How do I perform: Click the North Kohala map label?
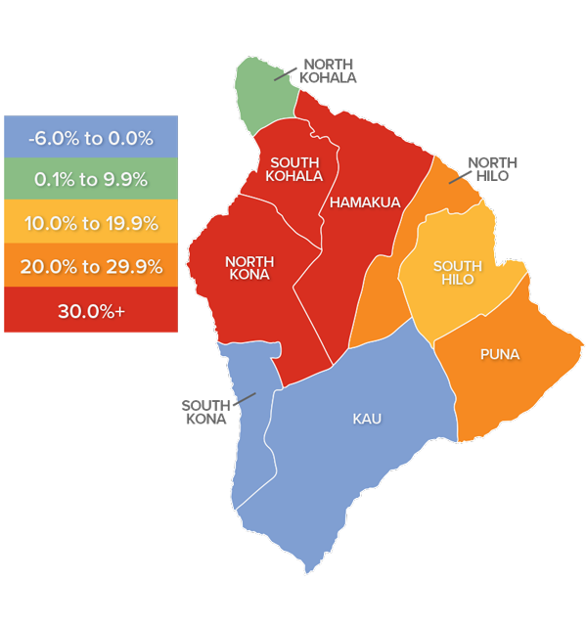pyautogui.click(x=329, y=70)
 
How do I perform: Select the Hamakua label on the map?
pyautogui.click(x=365, y=202)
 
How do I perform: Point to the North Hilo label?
pyautogui.click(x=492, y=169)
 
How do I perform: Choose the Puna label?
pyautogui.click(x=499, y=354)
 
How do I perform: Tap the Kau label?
pyautogui.click(x=367, y=419)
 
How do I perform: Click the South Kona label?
pyautogui.click(x=204, y=412)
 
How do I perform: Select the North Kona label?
pyautogui.click(x=248, y=268)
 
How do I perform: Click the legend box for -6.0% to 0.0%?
pyautogui.click(x=91, y=138)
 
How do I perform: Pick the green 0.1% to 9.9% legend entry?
pyautogui.click(x=91, y=180)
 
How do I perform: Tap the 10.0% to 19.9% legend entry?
pyautogui.click(x=91, y=223)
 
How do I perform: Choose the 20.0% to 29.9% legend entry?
pyautogui.click(x=91, y=266)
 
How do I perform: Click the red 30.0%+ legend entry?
pyautogui.click(x=91, y=310)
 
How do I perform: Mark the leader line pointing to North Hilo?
pyautogui.click(x=458, y=177)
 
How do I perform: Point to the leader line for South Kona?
pyautogui.click(x=244, y=398)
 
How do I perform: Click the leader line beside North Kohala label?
pyautogui.click(x=284, y=73)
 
